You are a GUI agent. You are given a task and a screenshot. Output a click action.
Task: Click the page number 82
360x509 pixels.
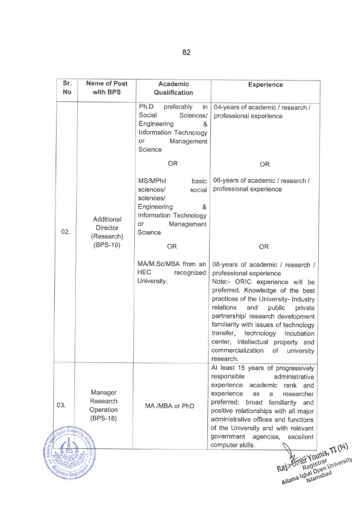point(186,52)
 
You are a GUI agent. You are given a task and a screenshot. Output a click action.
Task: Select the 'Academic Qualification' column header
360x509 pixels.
point(173,88)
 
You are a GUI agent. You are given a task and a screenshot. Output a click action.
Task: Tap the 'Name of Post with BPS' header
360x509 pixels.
point(106,88)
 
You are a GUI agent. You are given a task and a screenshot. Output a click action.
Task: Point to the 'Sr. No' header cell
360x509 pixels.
point(67,88)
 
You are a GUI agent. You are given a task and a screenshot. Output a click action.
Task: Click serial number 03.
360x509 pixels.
point(61,406)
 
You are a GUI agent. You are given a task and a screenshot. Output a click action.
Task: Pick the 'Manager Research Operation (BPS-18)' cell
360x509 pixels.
point(103,406)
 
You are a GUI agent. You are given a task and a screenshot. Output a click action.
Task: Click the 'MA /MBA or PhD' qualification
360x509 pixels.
point(170,406)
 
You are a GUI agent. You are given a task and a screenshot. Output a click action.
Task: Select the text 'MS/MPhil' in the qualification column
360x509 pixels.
point(152,181)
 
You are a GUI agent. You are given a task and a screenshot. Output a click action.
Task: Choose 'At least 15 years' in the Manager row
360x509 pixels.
point(237,368)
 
